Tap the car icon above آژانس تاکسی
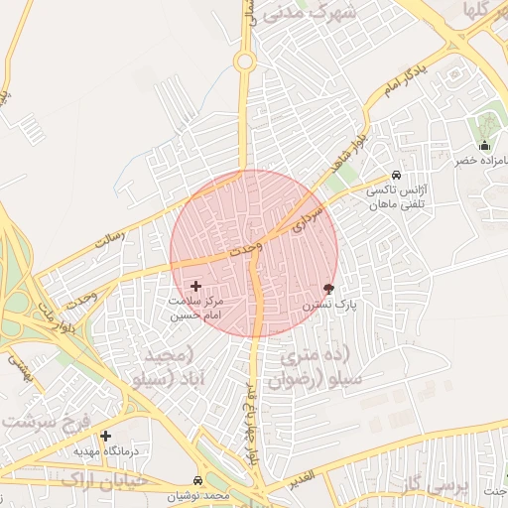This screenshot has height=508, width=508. tap(397, 175)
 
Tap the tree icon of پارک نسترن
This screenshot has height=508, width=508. tap(328, 289)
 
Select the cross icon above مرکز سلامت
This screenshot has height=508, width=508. tap(195, 285)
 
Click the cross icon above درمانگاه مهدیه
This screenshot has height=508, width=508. tap(106, 436)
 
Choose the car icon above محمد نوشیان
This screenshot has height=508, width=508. tap(195, 480)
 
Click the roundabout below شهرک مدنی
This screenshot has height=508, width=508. tap(244, 62)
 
